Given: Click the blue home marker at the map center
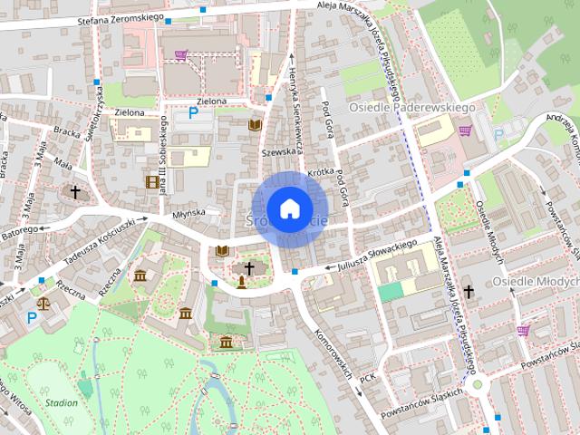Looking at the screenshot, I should click(289, 208).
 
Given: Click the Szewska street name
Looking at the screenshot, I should click(280, 151).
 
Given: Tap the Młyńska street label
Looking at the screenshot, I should click(189, 213).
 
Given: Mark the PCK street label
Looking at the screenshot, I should click(367, 378).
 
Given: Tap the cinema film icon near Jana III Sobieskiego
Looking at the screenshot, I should click(150, 181).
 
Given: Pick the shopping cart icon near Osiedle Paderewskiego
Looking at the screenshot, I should click(465, 131).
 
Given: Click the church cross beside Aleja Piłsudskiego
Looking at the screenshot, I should click(468, 292).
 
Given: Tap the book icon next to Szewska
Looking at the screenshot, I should click(255, 124).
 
